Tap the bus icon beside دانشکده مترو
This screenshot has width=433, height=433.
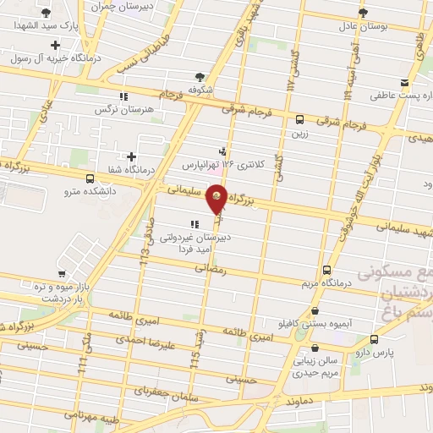pos(90,178)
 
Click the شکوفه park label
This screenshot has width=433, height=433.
pos(198,89)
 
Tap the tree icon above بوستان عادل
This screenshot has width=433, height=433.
pos(364,13)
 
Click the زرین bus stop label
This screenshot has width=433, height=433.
pos(299,133)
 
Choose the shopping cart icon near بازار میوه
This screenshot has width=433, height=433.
pos(62,274)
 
